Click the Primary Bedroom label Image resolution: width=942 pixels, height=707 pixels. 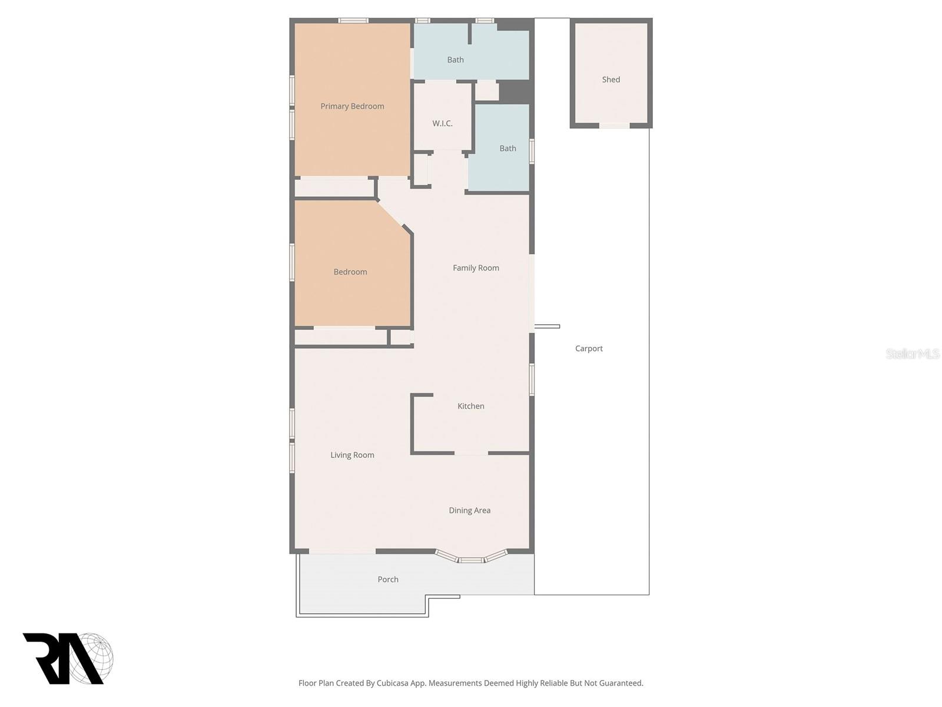(352, 107)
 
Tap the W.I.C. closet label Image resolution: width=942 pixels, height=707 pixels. (442, 124)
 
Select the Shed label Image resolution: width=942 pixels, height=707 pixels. (611, 80)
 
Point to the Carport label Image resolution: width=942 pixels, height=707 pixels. (589, 349)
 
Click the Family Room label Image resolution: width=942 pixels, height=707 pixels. (476, 268)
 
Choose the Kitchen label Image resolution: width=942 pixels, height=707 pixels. (471, 406)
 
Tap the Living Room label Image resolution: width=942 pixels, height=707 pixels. (352, 455)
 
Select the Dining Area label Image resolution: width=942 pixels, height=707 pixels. (469, 510)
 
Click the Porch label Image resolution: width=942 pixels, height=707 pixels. (388, 580)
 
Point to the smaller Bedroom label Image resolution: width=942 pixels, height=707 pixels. (350, 272)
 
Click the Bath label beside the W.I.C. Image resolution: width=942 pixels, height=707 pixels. (508, 148)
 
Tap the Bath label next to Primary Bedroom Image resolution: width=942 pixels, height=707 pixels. (455, 60)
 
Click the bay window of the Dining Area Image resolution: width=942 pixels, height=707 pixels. (471, 559)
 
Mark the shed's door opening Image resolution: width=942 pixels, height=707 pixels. (614, 125)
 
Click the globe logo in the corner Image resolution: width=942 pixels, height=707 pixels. (92, 658)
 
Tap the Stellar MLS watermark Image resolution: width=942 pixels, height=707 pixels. (913, 353)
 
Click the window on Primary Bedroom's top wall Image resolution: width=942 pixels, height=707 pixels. (353, 21)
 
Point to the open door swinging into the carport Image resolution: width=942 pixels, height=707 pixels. (547, 326)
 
